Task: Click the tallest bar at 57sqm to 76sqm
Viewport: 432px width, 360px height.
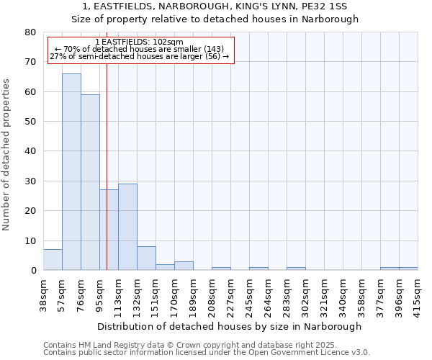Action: point(71,172)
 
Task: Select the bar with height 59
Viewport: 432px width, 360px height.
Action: point(90,182)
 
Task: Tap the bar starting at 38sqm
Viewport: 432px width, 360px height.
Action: point(53,260)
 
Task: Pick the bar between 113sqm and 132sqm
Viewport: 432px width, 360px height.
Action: point(127,227)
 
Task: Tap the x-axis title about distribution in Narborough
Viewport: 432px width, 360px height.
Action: point(229,326)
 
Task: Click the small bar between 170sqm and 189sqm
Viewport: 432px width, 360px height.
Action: point(184,266)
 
